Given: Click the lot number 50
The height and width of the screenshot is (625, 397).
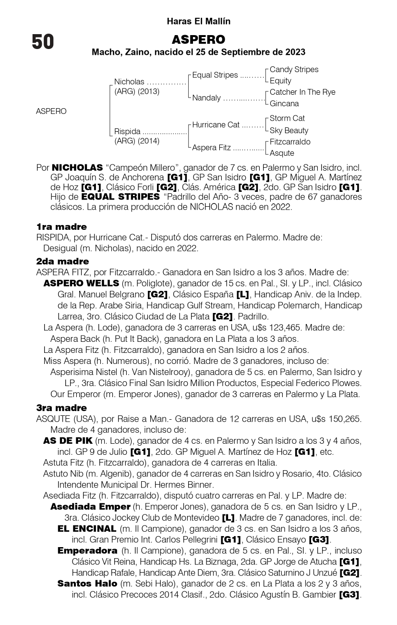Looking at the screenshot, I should (x=43, y=42).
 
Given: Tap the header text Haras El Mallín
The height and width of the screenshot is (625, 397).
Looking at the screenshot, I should (x=198, y=22).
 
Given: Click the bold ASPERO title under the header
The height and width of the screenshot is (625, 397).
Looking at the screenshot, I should (x=198, y=39).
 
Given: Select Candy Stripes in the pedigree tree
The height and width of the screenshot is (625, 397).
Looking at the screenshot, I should (x=294, y=70).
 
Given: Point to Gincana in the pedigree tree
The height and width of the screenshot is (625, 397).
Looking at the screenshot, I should (x=284, y=103).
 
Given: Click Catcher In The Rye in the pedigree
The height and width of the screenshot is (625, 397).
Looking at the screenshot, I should (x=302, y=92).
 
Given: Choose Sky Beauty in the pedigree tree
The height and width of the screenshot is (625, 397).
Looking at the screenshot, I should (x=289, y=130).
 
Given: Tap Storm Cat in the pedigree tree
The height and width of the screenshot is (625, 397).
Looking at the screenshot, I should (x=287, y=118).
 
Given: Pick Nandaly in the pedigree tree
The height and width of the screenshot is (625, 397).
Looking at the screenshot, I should (x=206, y=98).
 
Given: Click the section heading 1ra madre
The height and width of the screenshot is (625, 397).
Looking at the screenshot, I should (x=61, y=226).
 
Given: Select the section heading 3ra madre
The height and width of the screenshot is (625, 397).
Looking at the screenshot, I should (x=61, y=408).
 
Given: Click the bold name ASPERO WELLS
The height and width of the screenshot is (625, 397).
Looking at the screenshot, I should (x=81, y=283).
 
